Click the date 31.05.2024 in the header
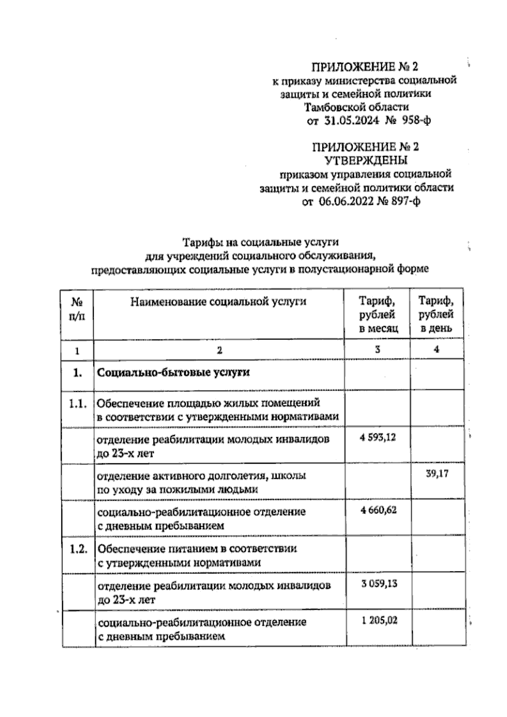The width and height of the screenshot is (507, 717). (x=352, y=121)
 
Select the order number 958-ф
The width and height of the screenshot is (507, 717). (x=416, y=121)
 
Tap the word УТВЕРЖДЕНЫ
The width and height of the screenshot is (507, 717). (x=366, y=160)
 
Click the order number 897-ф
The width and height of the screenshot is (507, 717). (x=404, y=201)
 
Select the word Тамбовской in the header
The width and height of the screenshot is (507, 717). (x=333, y=107)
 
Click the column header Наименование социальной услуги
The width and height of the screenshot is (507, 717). (x=218, y=301)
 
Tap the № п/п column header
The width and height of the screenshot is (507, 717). (x=76, y=309)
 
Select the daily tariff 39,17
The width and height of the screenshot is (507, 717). (x=437, y=473)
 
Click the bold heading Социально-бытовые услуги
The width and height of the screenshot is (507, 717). (x=173, y=372)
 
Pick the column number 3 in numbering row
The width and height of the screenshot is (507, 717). (x=377, y=350)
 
